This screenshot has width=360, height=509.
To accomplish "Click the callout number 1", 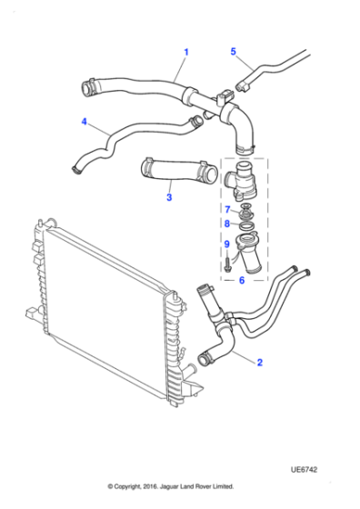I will click(x=186, y=52).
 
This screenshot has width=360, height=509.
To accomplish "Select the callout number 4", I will click(x=84, y=121).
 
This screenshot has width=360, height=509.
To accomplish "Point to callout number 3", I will click(x=168, y=196).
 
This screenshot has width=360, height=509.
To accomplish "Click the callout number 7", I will click(x=227, y=210).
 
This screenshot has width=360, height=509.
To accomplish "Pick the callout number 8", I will click(x=227, y=224).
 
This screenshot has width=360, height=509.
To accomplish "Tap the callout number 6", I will click(x=242, y=280).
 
